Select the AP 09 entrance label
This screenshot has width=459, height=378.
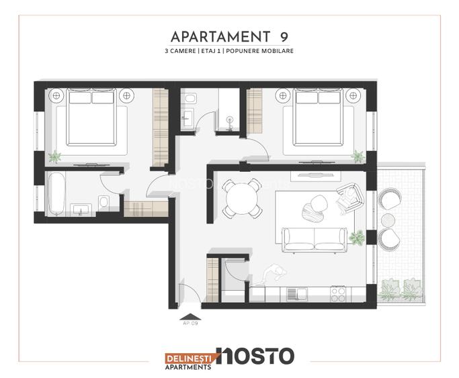coord(191,323)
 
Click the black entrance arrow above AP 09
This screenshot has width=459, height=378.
coord(191,314)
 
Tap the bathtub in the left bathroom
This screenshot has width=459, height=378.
coord(56,193)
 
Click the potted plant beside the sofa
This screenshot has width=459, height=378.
coord(357,236)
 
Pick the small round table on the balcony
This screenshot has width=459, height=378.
coord(389,219)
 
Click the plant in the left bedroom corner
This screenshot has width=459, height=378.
coord(55,156)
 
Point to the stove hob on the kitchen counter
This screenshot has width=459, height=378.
coord(337,293)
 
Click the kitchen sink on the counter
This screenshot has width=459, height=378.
coord(292,293)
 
